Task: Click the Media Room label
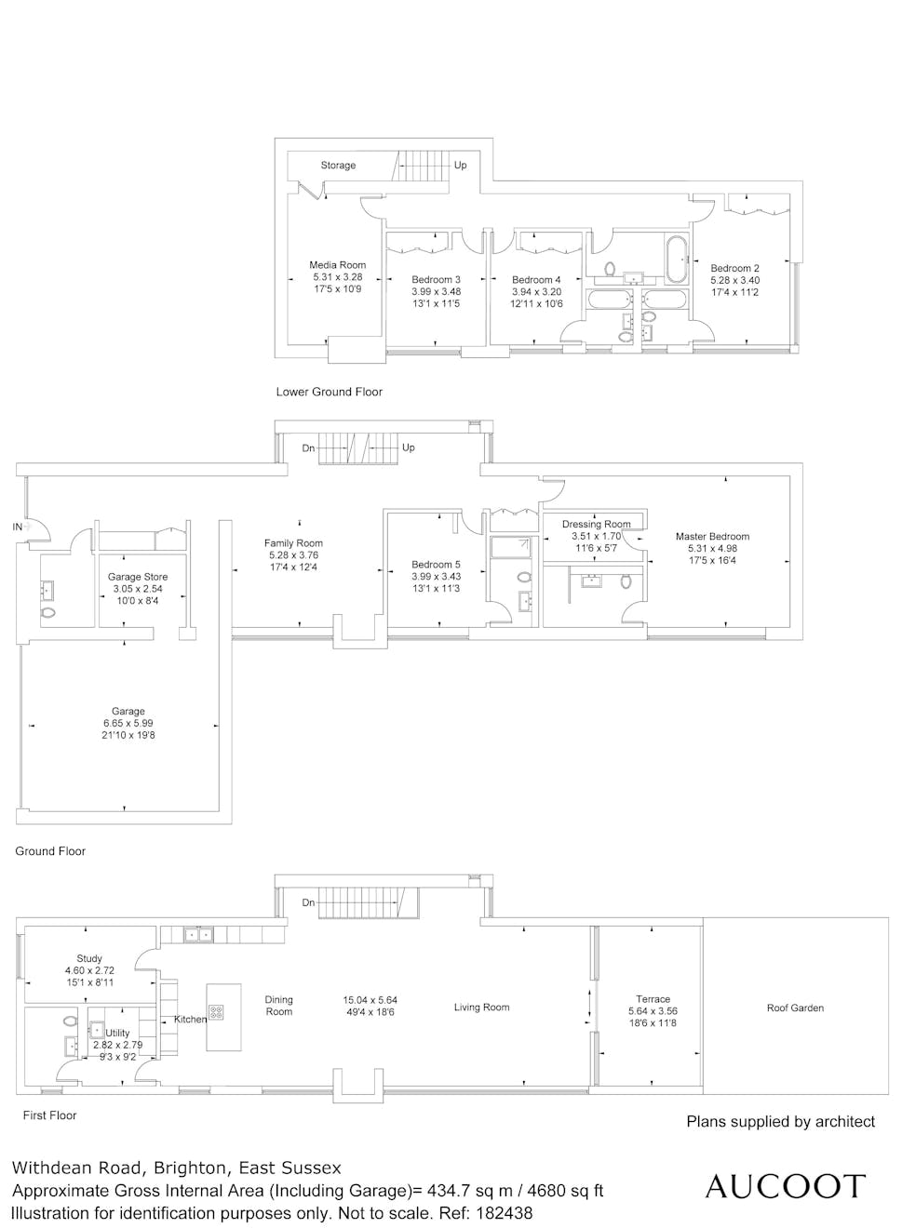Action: click(337, 265)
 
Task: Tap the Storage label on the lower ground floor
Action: click(338, 165)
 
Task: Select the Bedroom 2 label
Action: click(734, 268)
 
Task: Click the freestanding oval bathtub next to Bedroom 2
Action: click(676, 260)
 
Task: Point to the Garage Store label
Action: click(138, 577)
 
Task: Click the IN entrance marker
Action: click(17, 527)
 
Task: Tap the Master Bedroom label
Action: click(712, 536)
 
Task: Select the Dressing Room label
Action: click(597, 524)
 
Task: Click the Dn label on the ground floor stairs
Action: click(308, 447)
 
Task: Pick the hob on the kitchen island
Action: click(216, 1011)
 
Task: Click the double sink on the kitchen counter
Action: click(198, 934)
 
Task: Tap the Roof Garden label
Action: click(795, 1008)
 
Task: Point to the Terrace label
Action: click(653, 999)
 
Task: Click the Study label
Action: click(89, 958)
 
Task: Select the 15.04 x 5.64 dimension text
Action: click(370, 1000)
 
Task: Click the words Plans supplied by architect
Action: click(781, 1122)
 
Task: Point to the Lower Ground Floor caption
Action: click(330, 392)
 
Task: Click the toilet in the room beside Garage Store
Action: click(48, 613)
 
